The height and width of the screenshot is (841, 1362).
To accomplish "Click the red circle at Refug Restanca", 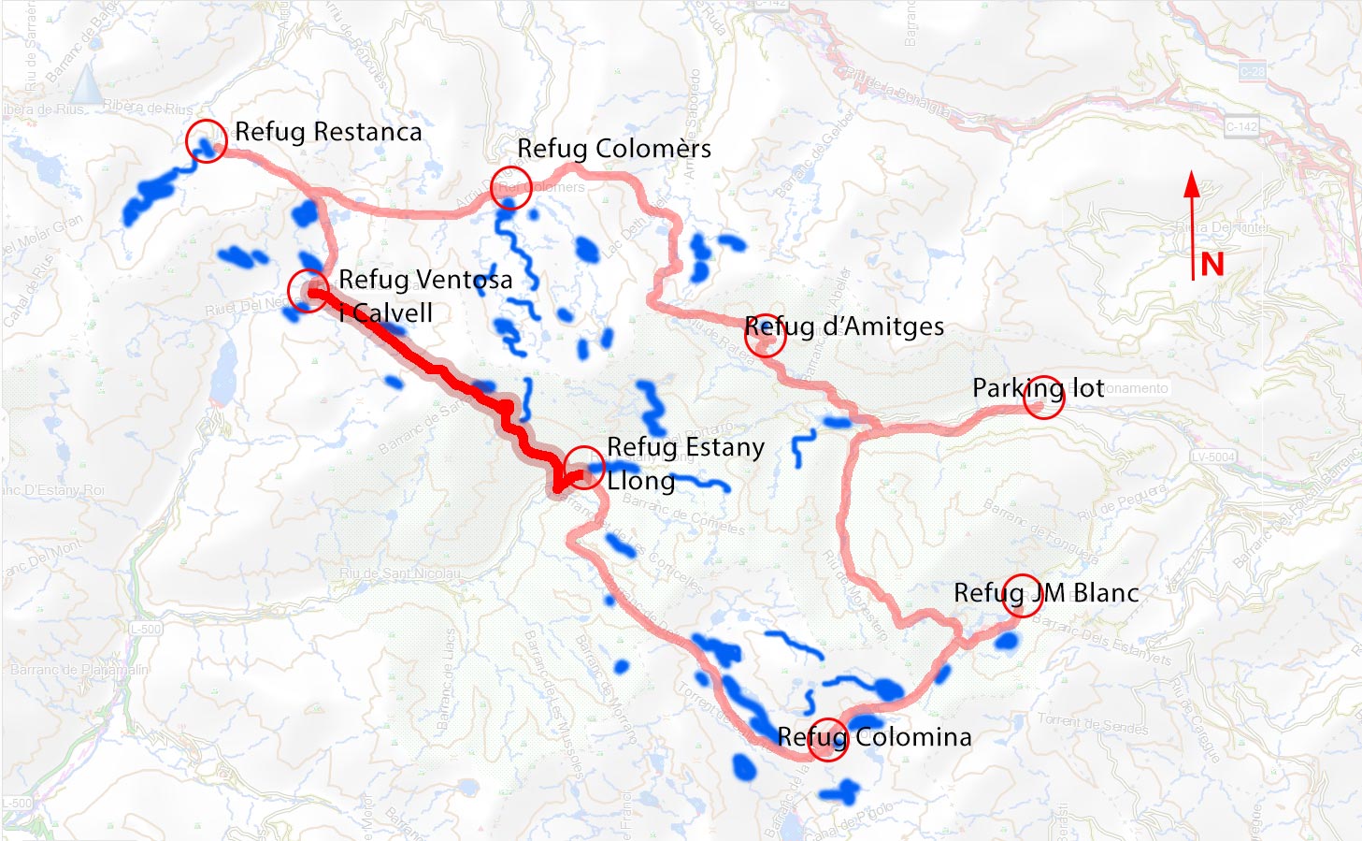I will tap(206, 141).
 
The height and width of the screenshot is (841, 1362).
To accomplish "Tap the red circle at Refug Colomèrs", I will tap(510, 186).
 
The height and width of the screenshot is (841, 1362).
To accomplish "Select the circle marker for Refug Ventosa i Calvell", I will tap(308, 291).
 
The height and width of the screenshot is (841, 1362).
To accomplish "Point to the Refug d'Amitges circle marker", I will tap(765, 335).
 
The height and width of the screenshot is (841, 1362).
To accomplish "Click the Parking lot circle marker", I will tap(1044, 399).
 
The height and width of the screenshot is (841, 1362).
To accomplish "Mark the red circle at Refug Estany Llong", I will tap(584, 468).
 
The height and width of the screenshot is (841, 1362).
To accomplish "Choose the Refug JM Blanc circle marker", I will tap(1022, 595).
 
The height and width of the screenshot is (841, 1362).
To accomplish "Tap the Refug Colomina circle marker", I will tap(827, 739).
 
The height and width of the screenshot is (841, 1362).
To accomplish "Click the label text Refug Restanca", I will tap(328, 132).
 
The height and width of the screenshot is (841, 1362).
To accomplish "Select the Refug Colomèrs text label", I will tap(614, 149).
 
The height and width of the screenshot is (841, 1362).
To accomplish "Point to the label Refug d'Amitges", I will tap(844, 326).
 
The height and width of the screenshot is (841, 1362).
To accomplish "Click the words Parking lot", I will tap(1038, 387).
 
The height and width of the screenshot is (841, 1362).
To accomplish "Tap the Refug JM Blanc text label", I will tap(1046, 593).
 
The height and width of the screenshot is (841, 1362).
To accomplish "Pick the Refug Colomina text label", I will tap(875, 737).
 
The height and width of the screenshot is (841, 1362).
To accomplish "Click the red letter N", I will tap(1212, 265).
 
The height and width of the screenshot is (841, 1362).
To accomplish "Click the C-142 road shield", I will tap(1241, 126).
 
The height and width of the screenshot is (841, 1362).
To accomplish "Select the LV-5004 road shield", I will tap(1213, 457).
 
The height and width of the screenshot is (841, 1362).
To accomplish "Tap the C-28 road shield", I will tap(1253, 71).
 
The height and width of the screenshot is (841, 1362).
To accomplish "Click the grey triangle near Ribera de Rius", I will tap(87, 84).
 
